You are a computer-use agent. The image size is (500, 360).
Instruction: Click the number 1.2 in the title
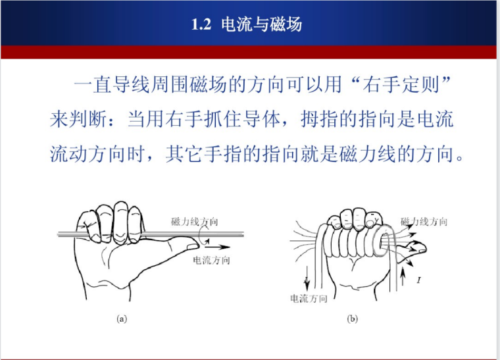(x=201, y=24)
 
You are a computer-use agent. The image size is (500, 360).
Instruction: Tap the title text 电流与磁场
(x=261, y=24)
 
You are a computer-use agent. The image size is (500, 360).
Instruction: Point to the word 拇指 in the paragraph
(x=320, y=120)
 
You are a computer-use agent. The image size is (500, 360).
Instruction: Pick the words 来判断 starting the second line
(x=78, y=120)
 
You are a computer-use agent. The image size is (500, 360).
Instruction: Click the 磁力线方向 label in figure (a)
(x=195, y=222)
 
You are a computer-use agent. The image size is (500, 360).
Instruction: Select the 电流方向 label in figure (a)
(x=211, y=260)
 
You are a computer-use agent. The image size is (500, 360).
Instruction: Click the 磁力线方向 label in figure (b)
(x=424, y=222)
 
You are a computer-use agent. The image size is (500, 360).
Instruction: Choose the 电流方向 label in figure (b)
(x=309, y=299)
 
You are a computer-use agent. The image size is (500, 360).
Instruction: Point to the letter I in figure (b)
(x=418, y=280)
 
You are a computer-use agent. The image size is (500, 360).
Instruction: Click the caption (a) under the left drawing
(x=122, y=319)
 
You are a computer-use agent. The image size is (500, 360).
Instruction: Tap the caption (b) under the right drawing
(x=352, y=319)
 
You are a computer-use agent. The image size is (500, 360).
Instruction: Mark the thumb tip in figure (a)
(x=198, y=245)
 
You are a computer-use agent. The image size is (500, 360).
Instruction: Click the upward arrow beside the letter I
(x=403, y=276)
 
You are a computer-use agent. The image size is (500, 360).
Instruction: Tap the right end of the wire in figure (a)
(x=243, y=235)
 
